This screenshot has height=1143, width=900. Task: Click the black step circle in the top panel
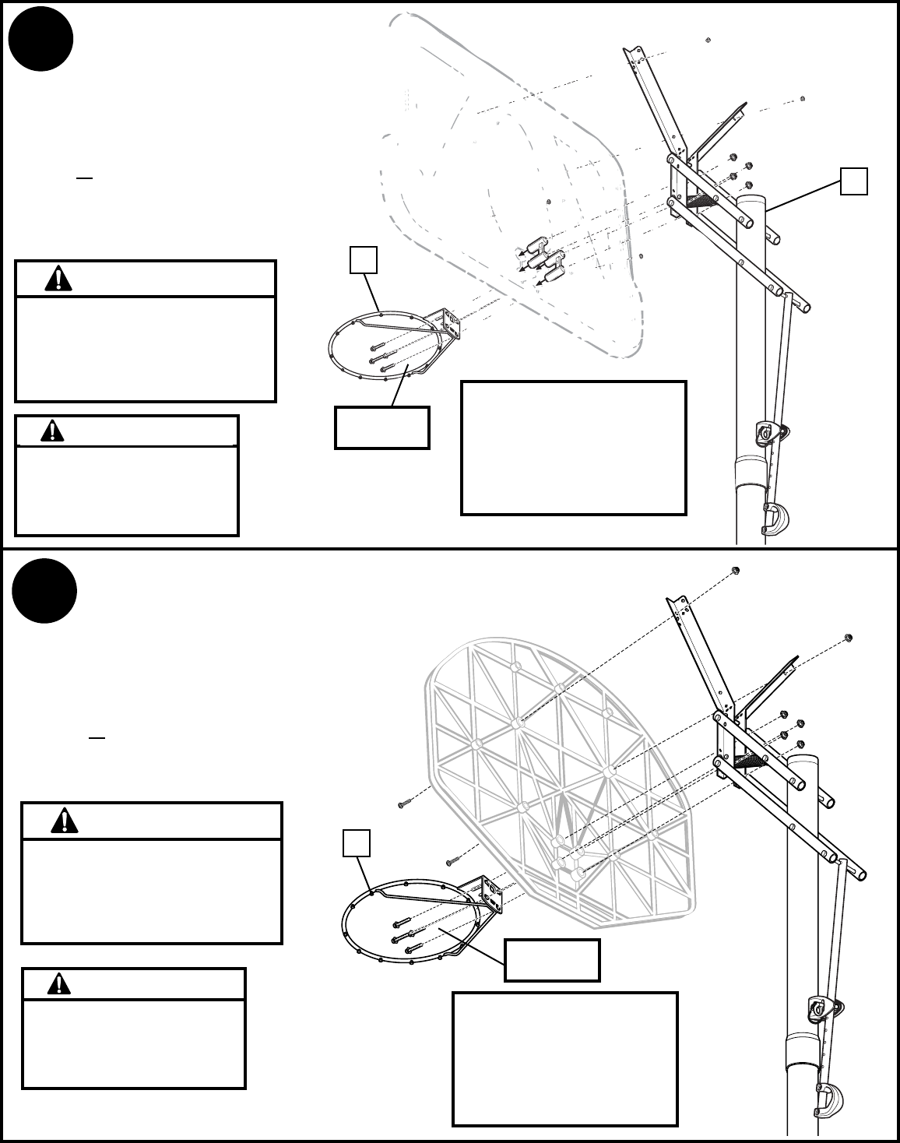point(41,39)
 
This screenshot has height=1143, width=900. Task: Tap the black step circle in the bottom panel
point(44,590)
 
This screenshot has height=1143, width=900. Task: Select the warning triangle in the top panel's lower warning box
point(52,431)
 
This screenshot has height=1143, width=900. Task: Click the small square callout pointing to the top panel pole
point(853,181)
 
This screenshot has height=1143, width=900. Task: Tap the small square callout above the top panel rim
point(364,260)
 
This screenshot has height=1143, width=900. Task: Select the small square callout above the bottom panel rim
point(356,843)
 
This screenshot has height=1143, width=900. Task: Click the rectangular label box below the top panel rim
point(381,427)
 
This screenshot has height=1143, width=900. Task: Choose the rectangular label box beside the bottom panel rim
point(552,960)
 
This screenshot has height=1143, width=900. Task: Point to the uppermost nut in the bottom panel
point(736,571)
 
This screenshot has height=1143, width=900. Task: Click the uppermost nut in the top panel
point(707,39)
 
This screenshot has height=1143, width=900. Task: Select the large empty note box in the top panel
point(574,448)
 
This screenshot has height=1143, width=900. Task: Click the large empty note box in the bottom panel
point(565,1058)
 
